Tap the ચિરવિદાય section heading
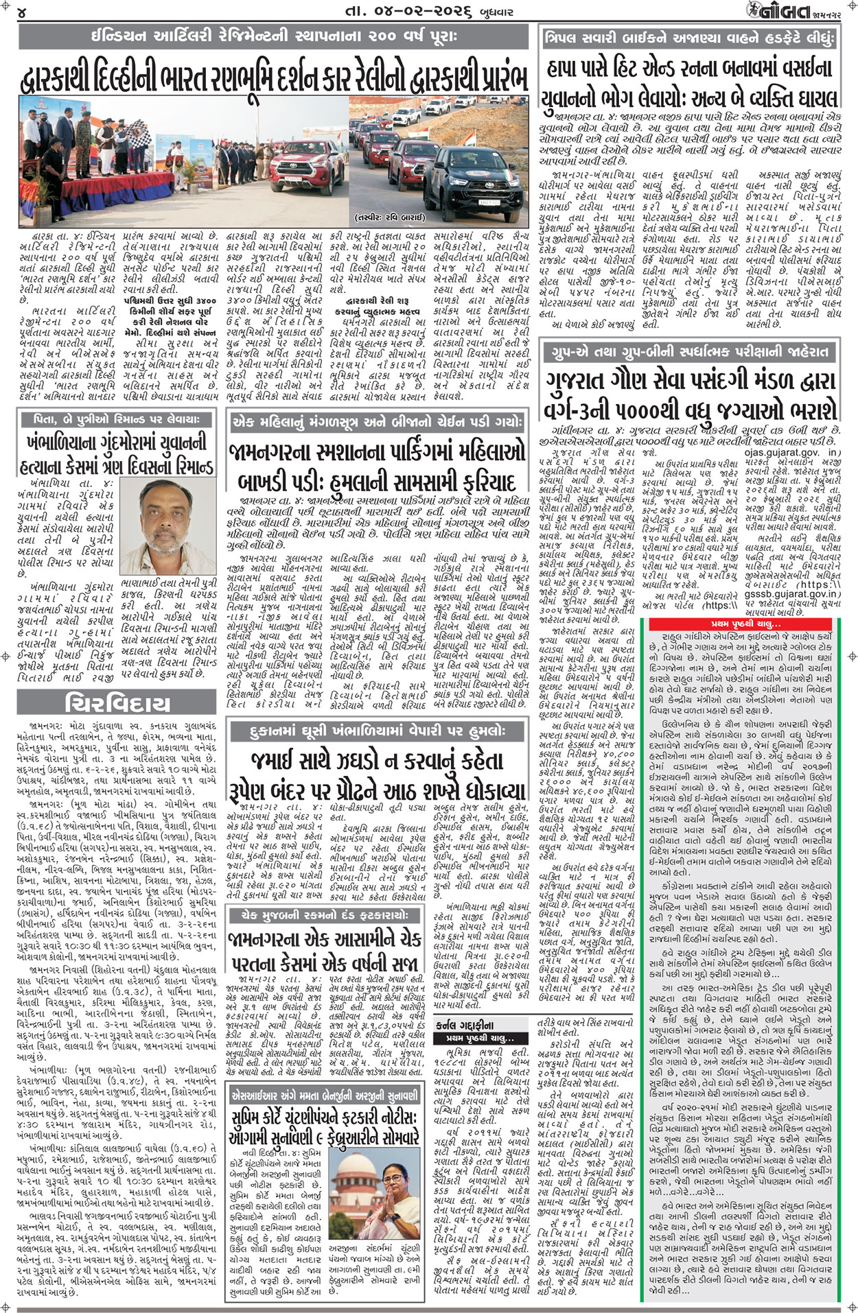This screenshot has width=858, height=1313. [118, 704]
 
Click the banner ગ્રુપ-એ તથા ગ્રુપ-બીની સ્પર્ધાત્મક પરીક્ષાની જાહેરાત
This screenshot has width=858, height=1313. [690, 353]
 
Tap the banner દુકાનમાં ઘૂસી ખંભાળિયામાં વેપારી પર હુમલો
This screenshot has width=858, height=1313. [378, 731]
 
